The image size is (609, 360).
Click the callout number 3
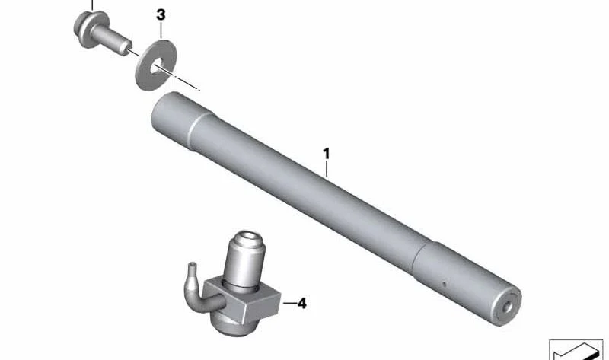(x=161, y=15)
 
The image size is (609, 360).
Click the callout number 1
(x=327, y=154)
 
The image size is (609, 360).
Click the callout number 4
(x=301, y=304)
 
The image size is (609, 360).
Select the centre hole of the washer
(x=158, y=66)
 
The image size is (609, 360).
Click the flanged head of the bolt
(x=90, y=29)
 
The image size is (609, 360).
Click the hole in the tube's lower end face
(x=507, y=307)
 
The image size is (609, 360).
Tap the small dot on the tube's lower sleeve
(x=445, y=284)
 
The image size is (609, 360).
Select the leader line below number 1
(x=327, y=169)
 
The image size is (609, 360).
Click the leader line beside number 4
(x=289, y=303)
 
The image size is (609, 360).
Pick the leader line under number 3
(x=161, y=30)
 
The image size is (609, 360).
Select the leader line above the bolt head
(x=92, y=5)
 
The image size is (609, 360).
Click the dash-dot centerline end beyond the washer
(x=199, y=90)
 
